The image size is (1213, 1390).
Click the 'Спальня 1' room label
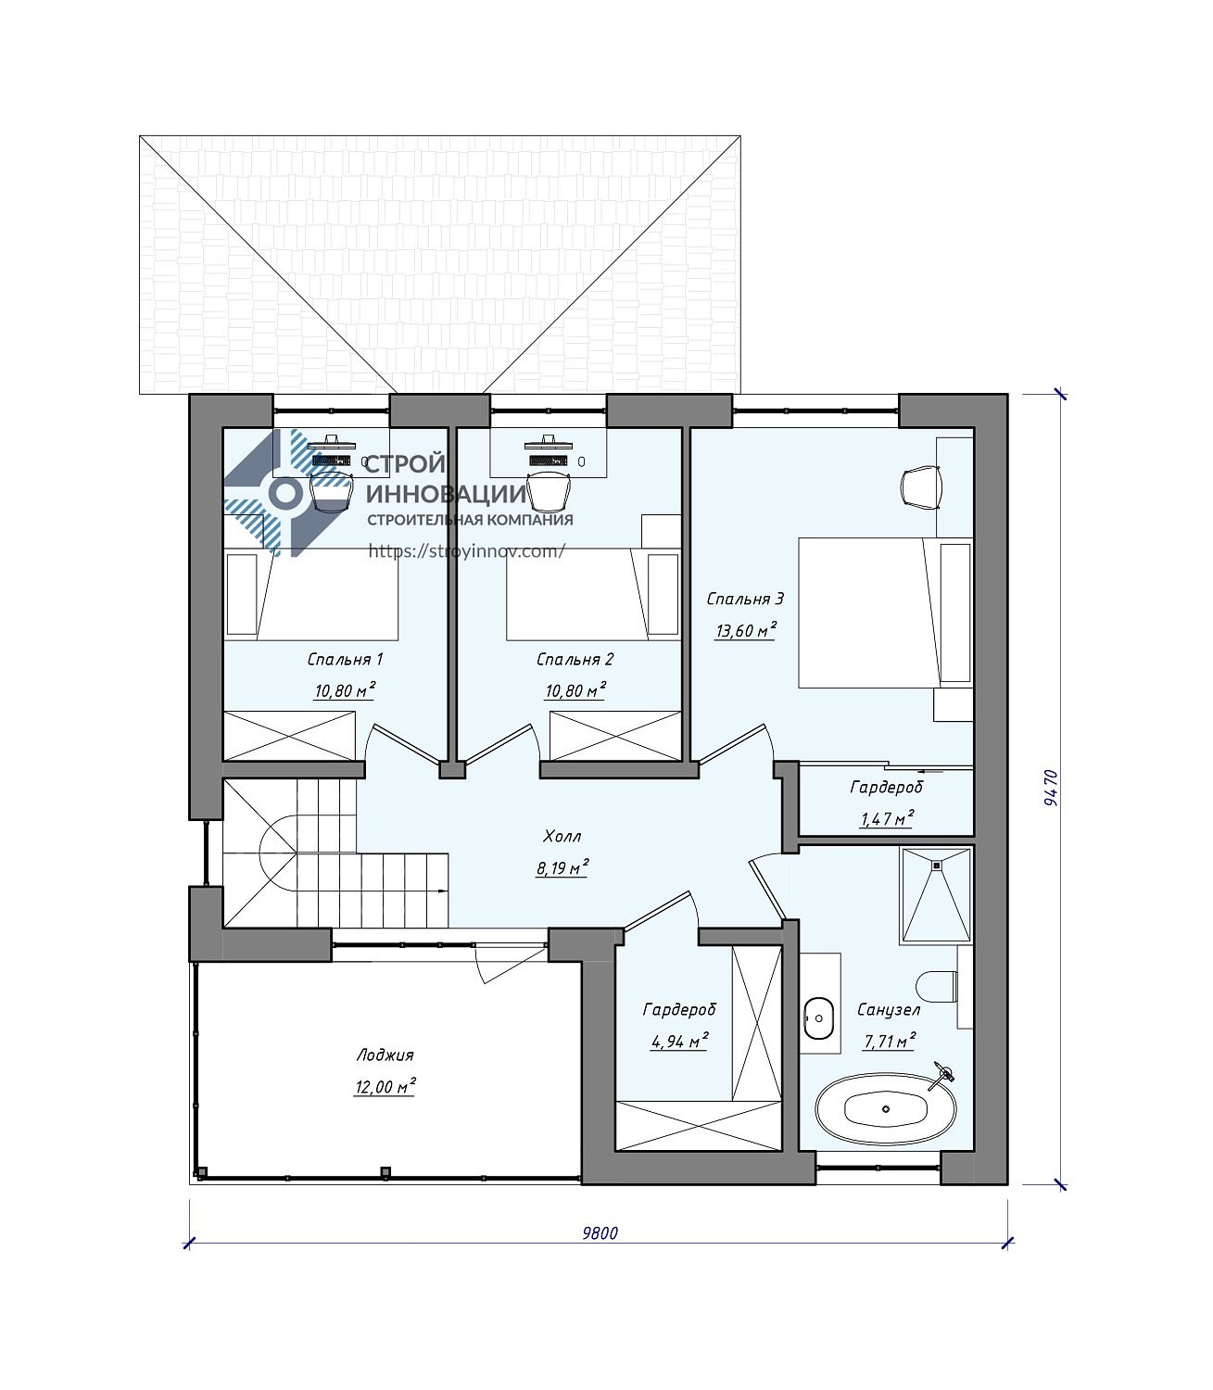[345, 659]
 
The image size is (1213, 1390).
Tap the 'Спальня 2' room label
[575, 659]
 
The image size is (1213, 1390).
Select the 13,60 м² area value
[746, 630]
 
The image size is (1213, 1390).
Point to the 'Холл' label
[562, 836]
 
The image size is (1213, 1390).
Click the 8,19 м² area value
[562, 867]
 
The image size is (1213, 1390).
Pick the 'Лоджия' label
[385, 1055]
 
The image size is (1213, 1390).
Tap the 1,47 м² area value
[886, 818]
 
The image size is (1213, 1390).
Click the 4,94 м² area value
[679, 1041]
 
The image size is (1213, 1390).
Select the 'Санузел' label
[889, 1009]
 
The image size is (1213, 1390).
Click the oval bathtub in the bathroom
[886, 1109]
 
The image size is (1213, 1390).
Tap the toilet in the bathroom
[937, 987]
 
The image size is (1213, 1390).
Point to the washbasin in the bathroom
[819, 1018]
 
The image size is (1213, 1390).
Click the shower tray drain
[937, 866]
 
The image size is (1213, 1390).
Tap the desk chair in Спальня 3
[922, 486]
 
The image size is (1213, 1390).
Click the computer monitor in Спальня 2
[549, 442]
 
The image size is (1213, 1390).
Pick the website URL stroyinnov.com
[467, 551]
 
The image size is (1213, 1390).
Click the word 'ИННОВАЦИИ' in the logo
[447, 493]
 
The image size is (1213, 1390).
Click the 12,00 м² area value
[385, 1087]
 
